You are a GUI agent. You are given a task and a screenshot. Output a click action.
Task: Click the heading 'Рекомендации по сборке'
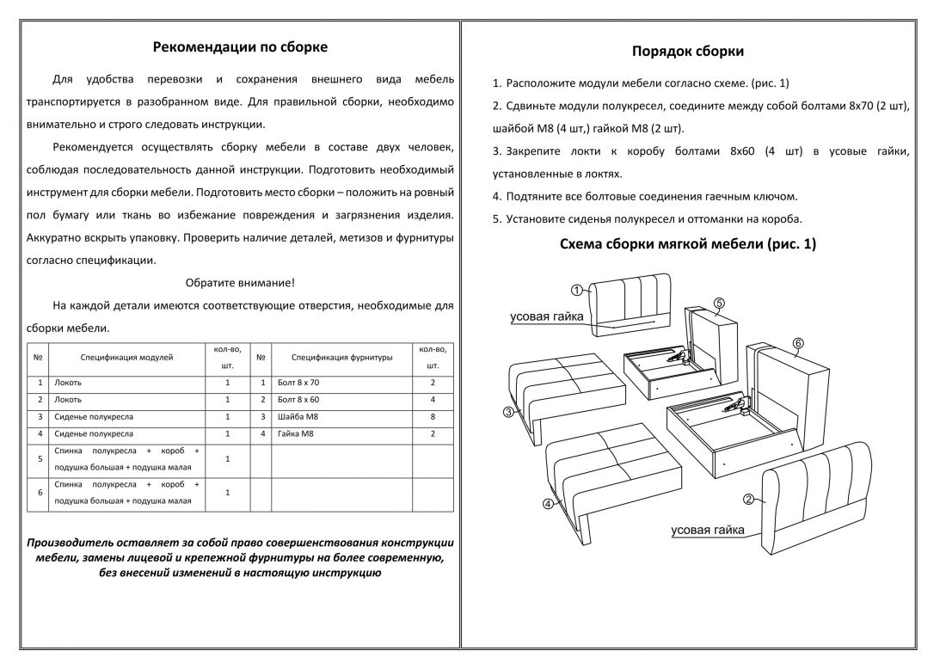(240, 46)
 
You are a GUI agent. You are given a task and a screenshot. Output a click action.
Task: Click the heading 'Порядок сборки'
(688, 52)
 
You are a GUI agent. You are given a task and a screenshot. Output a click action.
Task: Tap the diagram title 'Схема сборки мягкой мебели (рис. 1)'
(688, 244)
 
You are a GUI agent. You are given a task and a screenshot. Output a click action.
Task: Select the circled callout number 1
(577, 290)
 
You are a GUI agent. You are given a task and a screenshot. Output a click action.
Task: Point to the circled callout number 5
(719, 303)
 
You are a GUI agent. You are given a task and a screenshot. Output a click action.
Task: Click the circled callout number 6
(797, 344)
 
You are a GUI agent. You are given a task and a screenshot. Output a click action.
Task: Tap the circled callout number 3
(509, 412)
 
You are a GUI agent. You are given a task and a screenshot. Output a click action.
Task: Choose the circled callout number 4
(548, 505)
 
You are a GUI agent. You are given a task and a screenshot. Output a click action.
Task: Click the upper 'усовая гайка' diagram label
(547, 316)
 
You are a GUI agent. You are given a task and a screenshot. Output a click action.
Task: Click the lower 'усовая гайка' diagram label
(708, 530)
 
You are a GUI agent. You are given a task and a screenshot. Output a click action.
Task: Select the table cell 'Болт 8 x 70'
(298, 382)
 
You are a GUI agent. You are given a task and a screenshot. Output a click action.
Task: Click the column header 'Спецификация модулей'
(127, 356)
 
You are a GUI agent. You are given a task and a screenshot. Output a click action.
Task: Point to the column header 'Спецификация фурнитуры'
(341, 356)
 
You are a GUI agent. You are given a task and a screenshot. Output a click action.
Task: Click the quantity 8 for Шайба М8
(433, 417)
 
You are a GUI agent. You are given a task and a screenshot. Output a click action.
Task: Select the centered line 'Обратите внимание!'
(240, 283)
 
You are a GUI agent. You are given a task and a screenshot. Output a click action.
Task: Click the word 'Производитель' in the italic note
(71, 543)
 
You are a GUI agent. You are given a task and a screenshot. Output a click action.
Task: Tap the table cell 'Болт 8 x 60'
(298, 400)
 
